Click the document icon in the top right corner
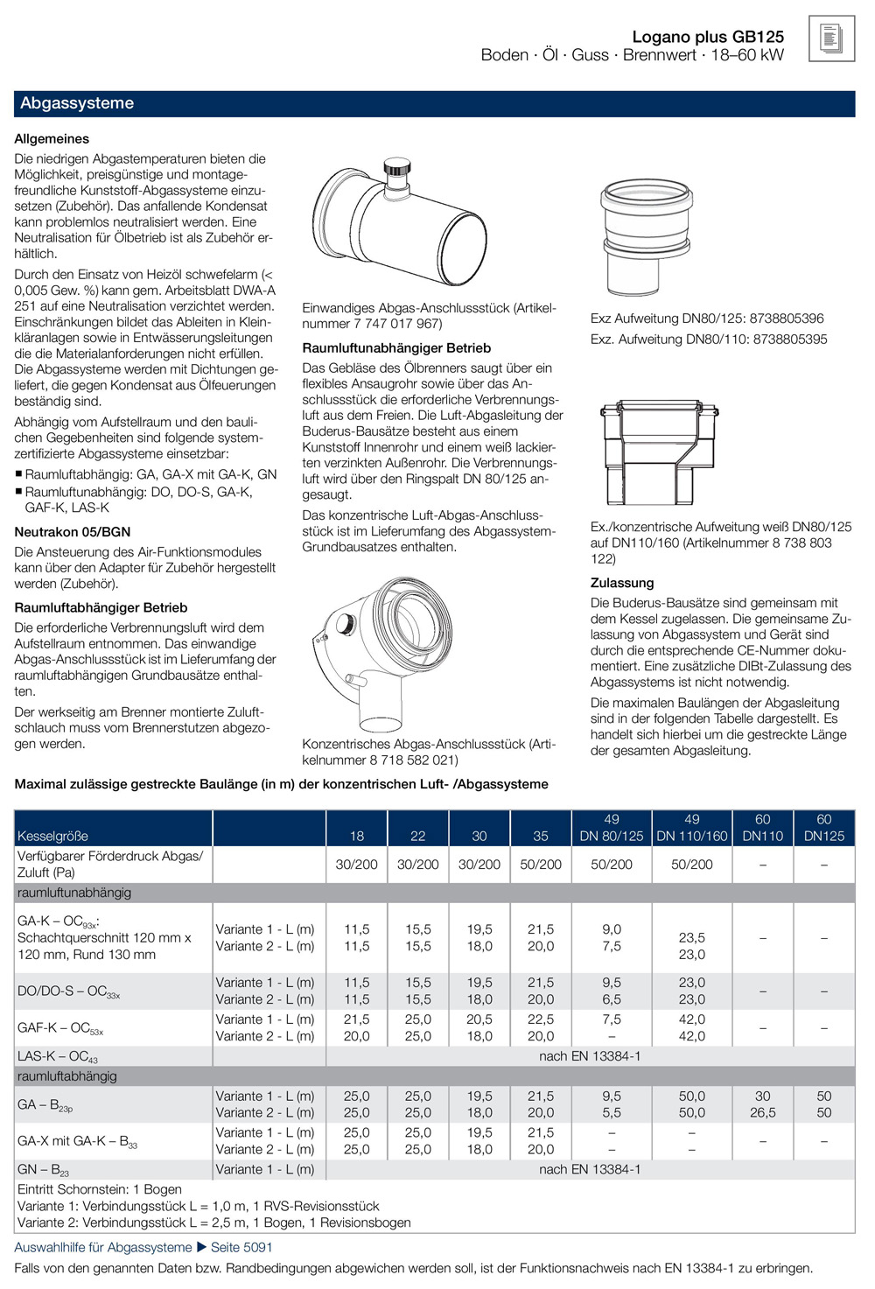click(x=831, y=39)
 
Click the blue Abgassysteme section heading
click(x=77, y=103)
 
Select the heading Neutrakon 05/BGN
click(x=73, y=532)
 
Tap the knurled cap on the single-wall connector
click(x=398, y=166)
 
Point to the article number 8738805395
click(x=777, y=340)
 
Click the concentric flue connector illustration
click(x=385, y=652)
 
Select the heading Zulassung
click(x=622, y=583)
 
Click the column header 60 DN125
click(x=823, y=828)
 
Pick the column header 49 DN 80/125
click(x=612, y=828)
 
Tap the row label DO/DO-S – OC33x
click(x=69, y=991)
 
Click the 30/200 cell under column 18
click(x=356, y=865)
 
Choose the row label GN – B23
click(x=44, y=1170)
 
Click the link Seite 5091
click(x=241, y=1247)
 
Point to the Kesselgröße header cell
click(x=53, y=836)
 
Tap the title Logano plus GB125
click(x=708, y=37)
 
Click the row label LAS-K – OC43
click(x=58, y=1057)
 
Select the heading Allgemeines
click(x=52, y=139)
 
